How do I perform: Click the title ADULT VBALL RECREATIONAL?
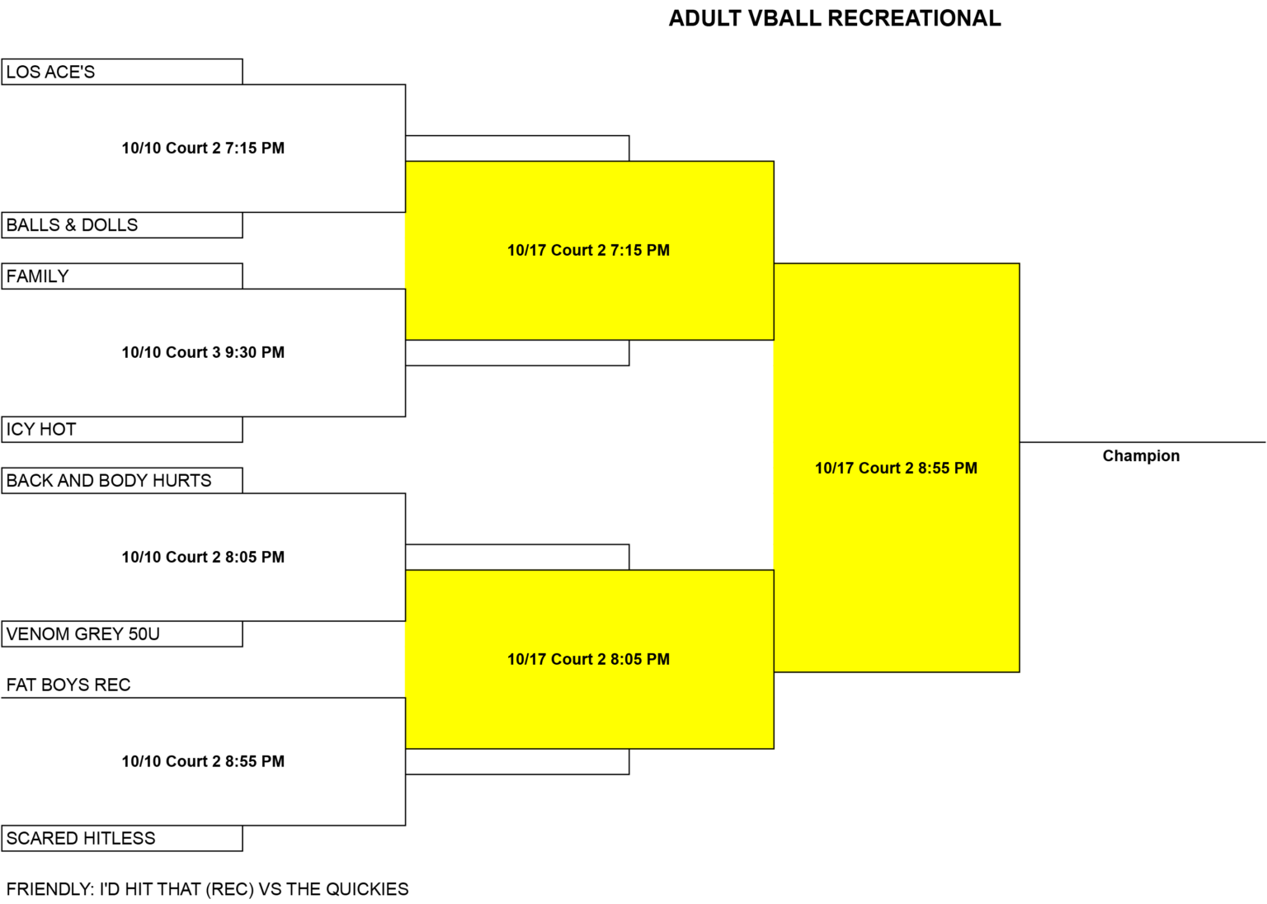pos(835,18)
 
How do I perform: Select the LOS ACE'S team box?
pos(122,72)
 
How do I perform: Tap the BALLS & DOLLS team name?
pos(72,225)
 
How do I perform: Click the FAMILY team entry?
pos(122,276)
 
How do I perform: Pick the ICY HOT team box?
pos(122,430)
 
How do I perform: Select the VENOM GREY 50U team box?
pos(122,633)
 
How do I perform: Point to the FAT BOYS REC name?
pos(68,685)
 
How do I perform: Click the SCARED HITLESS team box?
pos(122,838)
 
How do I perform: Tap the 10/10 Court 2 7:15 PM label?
pos(203,148)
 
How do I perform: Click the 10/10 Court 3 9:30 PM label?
pos(203,352)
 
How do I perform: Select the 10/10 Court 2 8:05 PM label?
pos(203,558)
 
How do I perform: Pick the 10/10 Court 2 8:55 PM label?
pos(203,761)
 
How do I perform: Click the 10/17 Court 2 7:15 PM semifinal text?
pos(588,251)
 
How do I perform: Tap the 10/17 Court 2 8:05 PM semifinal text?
pos(588,660)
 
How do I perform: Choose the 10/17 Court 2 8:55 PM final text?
pos(896,468)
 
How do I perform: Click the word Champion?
pos(1141,456)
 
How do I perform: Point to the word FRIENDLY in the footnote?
pos(49,889)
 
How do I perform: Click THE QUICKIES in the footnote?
pos(347,889)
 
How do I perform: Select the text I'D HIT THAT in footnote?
pos(150,889)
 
